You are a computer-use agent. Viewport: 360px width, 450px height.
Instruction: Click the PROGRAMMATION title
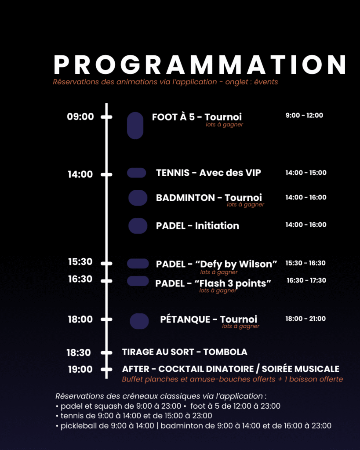(x=200, y=65)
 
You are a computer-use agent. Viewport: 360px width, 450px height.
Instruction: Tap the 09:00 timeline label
(x=80, y=116)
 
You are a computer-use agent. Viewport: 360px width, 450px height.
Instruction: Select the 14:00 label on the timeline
(x=80, y=174)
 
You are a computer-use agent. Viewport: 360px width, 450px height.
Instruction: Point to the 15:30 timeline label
(x=80, y=262)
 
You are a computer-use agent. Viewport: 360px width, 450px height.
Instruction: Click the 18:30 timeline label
(x=79, y=352)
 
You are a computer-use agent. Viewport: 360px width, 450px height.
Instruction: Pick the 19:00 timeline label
(x=80, y=369)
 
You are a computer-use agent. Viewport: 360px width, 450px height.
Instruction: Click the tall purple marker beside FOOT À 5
(x=135, y=126)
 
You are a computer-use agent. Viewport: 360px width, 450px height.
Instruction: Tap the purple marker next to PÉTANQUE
(x=139, y=321)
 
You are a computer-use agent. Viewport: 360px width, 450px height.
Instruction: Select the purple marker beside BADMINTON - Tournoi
(x=138, y=198)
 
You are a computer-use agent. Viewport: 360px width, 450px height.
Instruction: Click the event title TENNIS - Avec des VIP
(x=208, y=173)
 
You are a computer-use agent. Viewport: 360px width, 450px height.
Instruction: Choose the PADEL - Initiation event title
(x=197, y=225)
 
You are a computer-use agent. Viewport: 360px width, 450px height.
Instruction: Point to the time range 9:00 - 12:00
(x=304, y=116)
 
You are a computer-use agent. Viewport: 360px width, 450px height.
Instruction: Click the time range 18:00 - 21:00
(x=305, y=319)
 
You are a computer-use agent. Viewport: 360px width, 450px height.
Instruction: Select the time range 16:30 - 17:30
(x=306, y=280)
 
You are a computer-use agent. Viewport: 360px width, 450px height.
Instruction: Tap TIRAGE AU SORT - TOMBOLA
(x=185, y=352)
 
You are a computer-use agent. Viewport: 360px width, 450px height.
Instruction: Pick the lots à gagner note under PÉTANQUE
(x=240, y=326)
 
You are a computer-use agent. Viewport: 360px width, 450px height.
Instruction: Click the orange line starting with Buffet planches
(x=233, y=379)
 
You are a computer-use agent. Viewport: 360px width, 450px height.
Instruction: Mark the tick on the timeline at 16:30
(x=106, y=281)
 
